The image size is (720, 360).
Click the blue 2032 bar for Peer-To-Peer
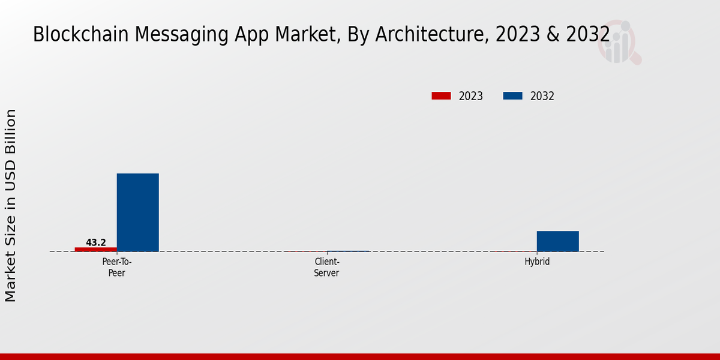tap(137, 212)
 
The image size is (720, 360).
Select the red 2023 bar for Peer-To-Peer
tap(96, 249)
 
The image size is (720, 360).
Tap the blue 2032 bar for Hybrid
tap(557, 241)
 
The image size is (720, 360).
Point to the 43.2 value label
tap(96, 242)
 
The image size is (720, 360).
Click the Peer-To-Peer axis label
tap(117, 267)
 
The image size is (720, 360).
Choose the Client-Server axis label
tap(327, 267)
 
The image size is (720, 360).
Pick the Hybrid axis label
tap(537, 262)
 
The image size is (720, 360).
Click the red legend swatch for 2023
tap(441, 96)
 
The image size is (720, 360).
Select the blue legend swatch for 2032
tap(512, 96)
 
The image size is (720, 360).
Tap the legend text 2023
tap(471, 96)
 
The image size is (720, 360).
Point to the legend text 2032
tap(542, 96)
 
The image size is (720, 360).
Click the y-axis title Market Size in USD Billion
tap(11, 205)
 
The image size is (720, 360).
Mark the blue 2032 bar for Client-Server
tap(348, 251)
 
